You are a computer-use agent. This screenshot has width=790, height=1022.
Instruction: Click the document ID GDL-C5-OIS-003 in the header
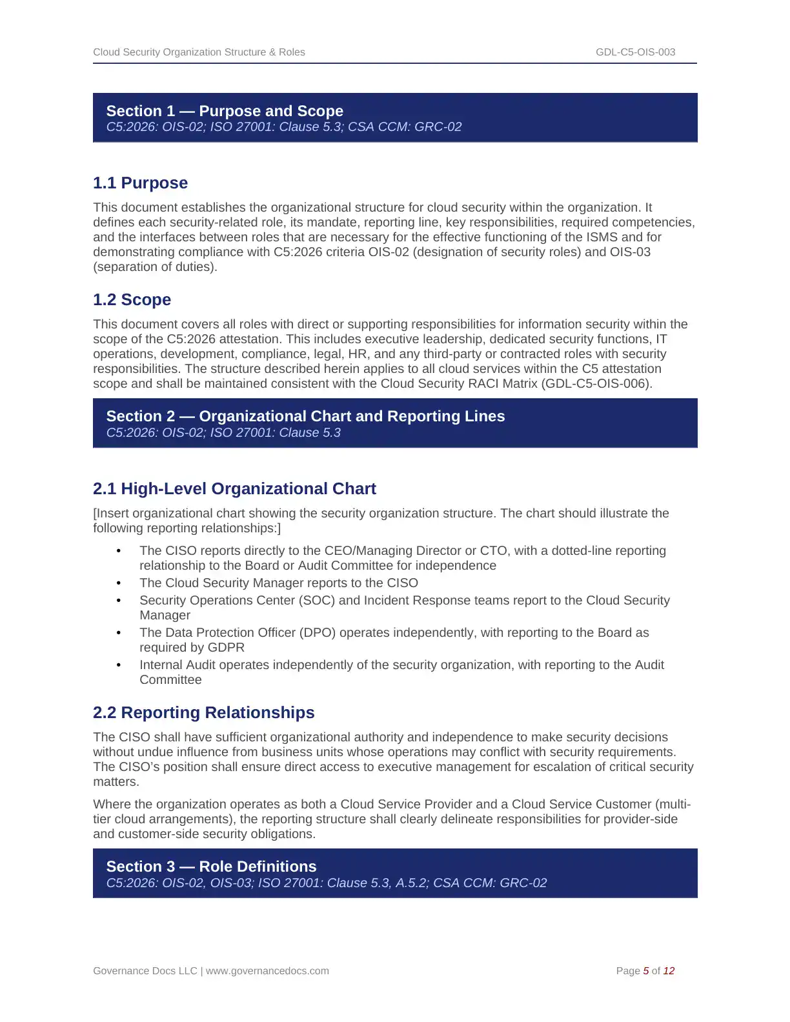point(635,52)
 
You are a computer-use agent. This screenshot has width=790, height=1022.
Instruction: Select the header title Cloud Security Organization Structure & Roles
point(199,52)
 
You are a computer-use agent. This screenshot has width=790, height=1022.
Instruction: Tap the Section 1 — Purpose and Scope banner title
point(225,111)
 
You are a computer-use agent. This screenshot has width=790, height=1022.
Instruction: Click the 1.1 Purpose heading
point(140,183)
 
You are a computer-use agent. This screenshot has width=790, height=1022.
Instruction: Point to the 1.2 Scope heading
point(132,300)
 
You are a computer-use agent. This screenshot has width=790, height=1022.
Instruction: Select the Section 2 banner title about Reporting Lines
point(305,416)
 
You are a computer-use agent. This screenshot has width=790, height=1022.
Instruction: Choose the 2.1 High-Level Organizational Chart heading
point(234,489)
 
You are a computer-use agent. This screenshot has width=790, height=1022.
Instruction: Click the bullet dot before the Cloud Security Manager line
point(119,583)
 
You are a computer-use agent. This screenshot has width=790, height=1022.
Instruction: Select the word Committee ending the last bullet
point(170,680)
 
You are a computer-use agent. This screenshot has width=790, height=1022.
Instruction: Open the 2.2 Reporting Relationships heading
point(203,713)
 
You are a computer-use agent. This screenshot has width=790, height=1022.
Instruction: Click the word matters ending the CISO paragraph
point(115,782)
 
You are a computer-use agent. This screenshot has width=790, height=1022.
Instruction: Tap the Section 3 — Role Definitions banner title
point(211,867)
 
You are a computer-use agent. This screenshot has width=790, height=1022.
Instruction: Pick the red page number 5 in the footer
point(646,971)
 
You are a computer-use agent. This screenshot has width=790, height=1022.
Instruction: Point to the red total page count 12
point(669,971)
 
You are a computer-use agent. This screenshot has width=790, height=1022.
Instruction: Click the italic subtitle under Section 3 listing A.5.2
point(326,883)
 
